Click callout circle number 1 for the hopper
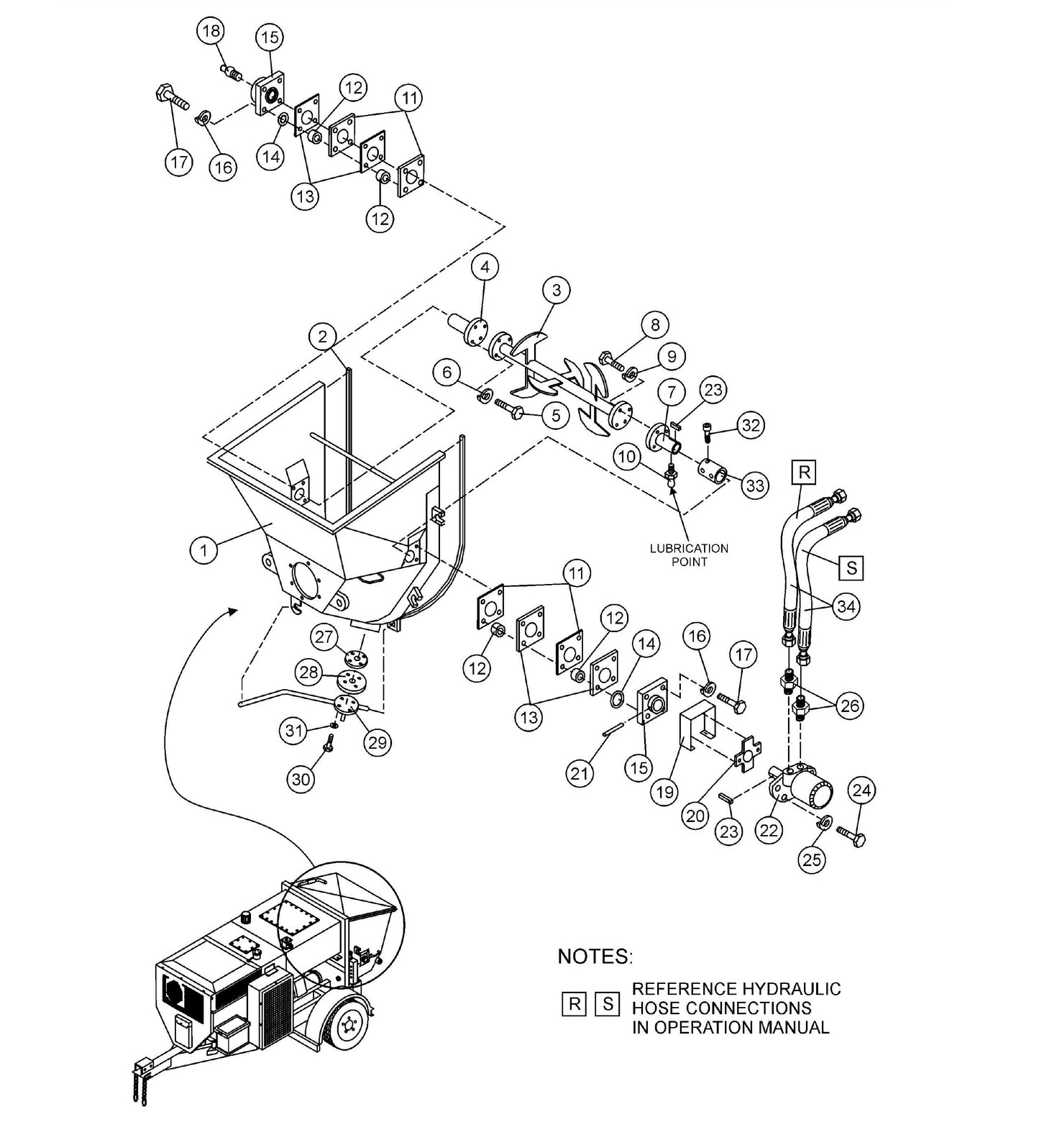tap(204, 551)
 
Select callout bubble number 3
tap(556, 290)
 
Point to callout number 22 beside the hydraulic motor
tap(769, 830)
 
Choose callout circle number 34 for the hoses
tap(846, 606)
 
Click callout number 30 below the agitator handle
tap(301, 779)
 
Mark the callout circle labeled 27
tap(325, 637)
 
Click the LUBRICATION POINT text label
tap(689, 555)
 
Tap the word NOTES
tap(595, 957)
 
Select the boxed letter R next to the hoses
tap(805, 472)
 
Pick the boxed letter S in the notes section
tap(608, 1004)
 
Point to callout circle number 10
tap(626, 457)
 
